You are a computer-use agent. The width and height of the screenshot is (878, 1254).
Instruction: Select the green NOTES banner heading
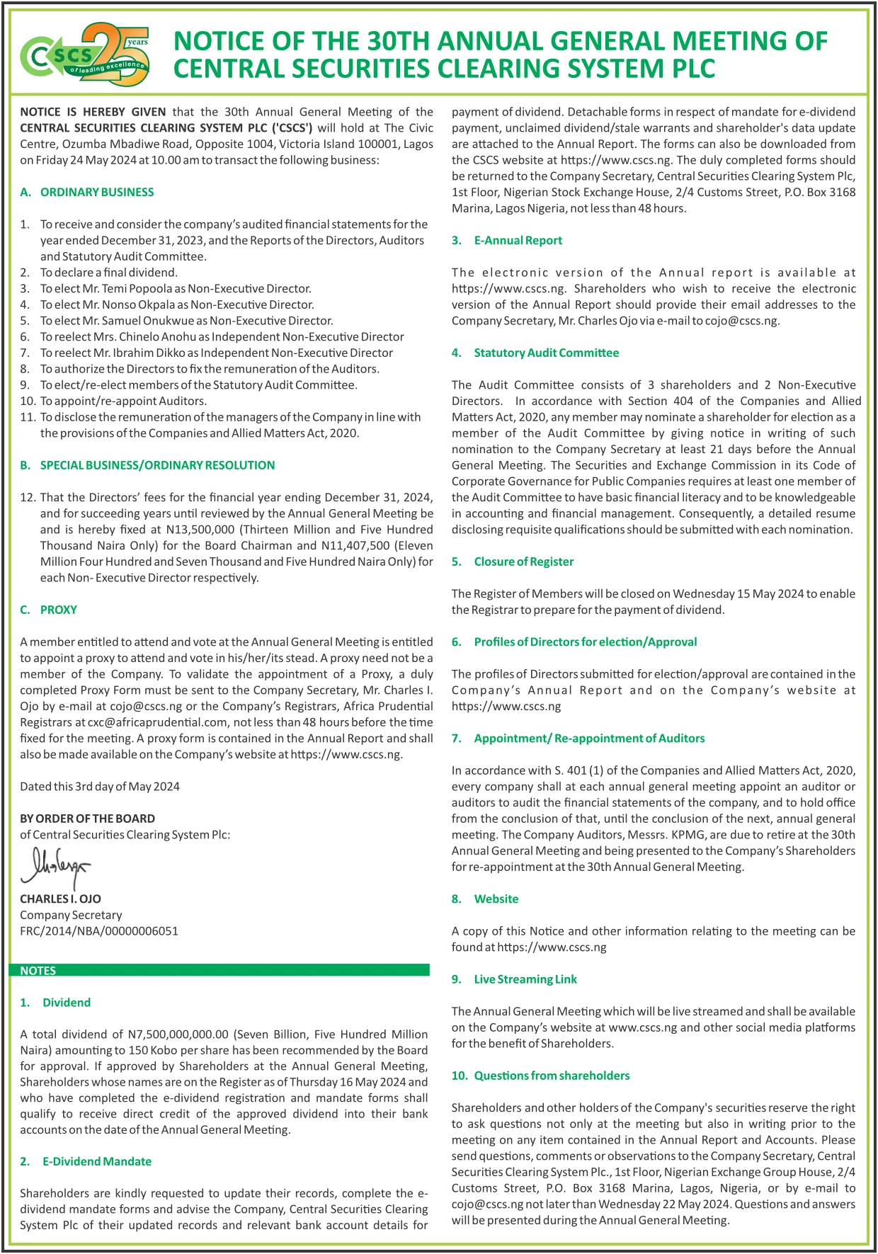pos(38,971)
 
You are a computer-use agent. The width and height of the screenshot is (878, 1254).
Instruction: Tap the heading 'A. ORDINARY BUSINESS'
pos(87,192)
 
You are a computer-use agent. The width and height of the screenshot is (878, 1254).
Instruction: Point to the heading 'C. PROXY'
pos(49,610)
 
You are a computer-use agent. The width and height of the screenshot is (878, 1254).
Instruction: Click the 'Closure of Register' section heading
pos(523,562)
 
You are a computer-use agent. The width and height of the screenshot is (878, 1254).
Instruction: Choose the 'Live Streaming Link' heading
pos(525,979)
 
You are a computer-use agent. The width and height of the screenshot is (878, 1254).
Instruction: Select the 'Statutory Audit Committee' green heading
pos(546,353)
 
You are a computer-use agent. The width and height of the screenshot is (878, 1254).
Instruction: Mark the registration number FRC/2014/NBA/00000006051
pos(99,931)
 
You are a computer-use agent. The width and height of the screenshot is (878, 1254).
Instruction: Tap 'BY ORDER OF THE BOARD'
pos(87,819)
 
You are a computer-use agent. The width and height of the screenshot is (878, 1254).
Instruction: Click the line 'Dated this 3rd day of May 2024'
pos(100,787)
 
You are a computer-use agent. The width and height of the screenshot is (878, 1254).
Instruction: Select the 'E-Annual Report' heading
pos(518,240)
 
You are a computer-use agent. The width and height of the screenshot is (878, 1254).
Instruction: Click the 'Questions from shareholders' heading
pos(551,1076)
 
